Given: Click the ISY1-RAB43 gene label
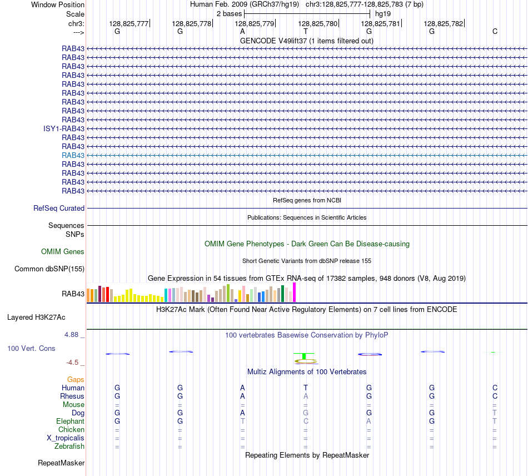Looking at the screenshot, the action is point(64,128).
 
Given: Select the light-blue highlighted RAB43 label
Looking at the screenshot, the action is point(73,155).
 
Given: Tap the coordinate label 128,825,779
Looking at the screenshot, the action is point(254,23).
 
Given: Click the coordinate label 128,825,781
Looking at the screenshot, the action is point(380,23).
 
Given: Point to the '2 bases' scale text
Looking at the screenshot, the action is point(229,14).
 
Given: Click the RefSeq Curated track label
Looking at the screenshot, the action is point(59,208).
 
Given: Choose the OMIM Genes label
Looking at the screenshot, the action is point(63,252).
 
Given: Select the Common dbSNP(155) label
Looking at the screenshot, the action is point(49,269).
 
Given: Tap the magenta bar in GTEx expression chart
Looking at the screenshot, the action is point(295,292).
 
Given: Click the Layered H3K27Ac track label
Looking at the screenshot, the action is point(36,318).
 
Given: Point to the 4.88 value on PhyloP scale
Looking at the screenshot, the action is point(71,335).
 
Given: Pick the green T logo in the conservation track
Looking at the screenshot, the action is point(304,356).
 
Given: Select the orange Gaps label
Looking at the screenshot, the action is point(76,380).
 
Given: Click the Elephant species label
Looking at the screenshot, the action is point(71,422).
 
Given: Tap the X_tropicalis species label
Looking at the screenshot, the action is point(66,438).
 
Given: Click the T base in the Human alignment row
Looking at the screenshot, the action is point(306,388).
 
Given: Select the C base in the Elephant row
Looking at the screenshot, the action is point(306,421).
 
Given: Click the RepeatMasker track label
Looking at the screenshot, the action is point(61,463).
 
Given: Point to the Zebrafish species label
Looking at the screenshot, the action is point(69,447).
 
